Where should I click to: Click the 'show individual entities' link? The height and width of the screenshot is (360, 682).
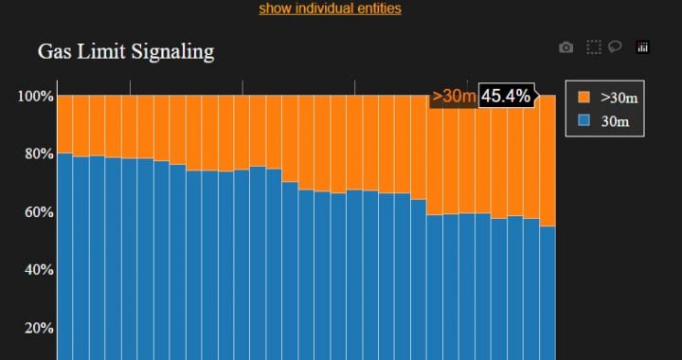click(330, 9)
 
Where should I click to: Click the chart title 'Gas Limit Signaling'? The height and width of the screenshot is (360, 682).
click(126, 52)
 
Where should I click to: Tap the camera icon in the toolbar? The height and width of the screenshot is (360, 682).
click(565, 47)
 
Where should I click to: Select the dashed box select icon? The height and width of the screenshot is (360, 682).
click(593, 47)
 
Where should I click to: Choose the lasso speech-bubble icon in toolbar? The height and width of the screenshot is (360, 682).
click(615, 46)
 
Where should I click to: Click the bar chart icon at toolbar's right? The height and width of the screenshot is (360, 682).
click(642, 47)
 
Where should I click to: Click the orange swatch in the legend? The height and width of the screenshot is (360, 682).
click(583, 97)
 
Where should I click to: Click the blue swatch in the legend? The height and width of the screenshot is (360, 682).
click(583, 120)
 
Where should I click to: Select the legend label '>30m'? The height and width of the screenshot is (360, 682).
click(619, 97)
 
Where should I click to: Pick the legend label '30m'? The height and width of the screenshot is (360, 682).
click(616, 120)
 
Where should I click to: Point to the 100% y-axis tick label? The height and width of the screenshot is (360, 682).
click(35, 96)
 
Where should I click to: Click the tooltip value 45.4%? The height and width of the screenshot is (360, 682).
click(506, 96)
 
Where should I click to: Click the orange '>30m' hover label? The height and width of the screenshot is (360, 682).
click(454, 96)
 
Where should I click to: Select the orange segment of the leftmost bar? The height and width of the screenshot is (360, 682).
click(64, 123)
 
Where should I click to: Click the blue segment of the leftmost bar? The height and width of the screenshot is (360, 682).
click(64, 256)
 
